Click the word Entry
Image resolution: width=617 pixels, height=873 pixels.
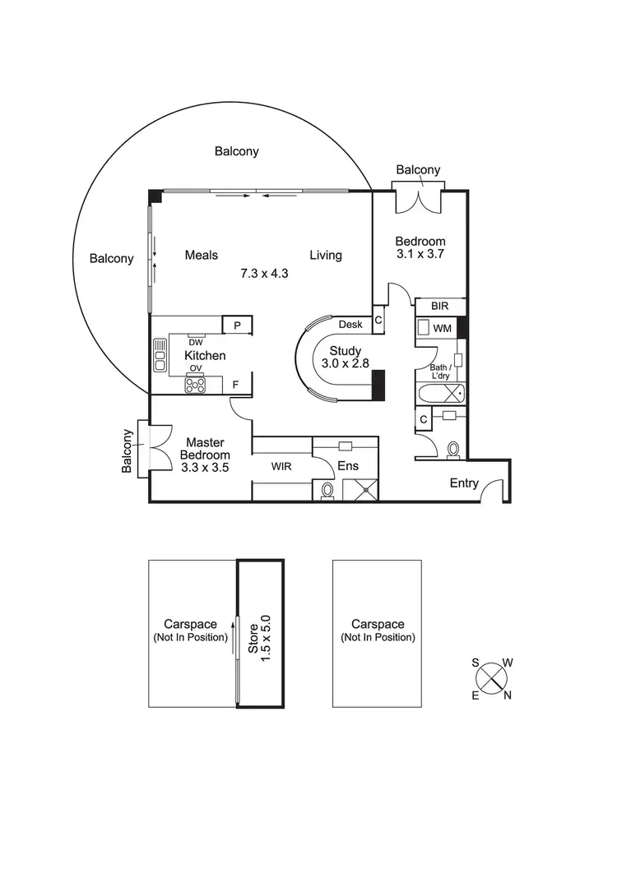tap(464, 483)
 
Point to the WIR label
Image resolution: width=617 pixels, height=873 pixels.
tap(282, 466)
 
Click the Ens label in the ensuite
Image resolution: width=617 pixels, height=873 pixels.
tap(348, 466)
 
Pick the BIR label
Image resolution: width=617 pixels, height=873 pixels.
tap(440, 306)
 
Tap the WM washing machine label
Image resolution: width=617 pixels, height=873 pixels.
tap(443, 328)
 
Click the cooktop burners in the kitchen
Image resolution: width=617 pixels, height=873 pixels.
tap(195, 384)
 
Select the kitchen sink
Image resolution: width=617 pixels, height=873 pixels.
tap(160, 355)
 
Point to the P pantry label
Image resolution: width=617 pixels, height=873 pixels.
tap(237, 326)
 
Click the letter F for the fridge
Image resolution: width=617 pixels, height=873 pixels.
tap(236, 384)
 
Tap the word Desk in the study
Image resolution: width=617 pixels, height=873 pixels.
tap(350, 324)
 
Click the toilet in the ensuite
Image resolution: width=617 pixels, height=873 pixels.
tap(327, 491)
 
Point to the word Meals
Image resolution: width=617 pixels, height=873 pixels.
tap(202, 255)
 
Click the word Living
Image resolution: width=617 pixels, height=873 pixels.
tap(326, 255)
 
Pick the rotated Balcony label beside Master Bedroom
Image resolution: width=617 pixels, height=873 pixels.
tap(128, 451)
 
